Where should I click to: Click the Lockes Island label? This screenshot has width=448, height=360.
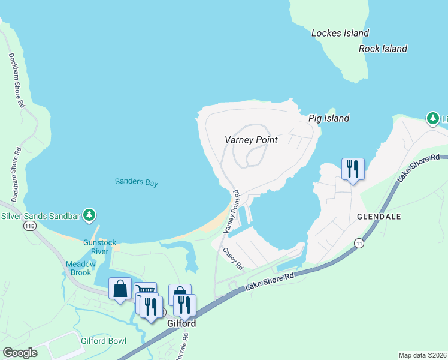(x=340, y=33)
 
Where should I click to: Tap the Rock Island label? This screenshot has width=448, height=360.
(x=383, y=49)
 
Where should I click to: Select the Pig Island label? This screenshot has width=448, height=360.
(x=329, y=118)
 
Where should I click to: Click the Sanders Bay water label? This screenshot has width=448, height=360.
(x=137, y=183)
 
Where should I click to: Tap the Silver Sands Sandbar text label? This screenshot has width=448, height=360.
(x=41, y=215)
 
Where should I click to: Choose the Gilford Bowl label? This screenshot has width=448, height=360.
(x=104, y=341)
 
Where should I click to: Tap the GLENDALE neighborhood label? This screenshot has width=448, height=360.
(x=379, y=215)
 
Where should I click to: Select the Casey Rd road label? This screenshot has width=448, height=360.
(x=233, y=259)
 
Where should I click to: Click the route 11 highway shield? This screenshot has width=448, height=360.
(x=359, y=242)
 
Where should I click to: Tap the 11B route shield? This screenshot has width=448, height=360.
(x=29, y=226)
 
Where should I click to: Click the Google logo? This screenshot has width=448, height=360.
(x=20, y=352)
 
